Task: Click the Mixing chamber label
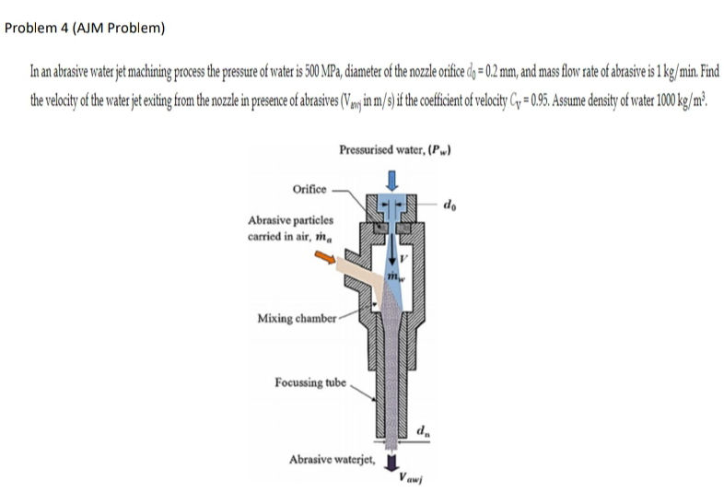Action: click(294, 319)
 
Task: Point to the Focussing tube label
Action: click(310, 381)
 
